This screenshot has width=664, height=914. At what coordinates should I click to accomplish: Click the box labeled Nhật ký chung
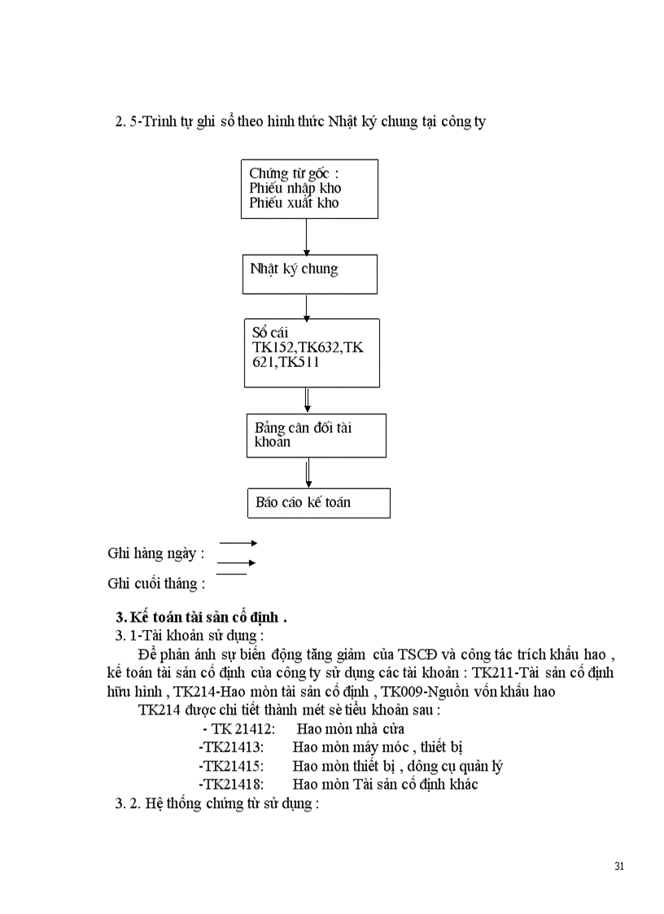pyautogui.click(x=309, y=273)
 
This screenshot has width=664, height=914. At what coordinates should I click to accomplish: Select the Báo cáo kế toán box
pyautogui.click(x=318, y=502)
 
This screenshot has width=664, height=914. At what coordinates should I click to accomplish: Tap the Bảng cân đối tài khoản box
pyautogui.click(x=316, y=435)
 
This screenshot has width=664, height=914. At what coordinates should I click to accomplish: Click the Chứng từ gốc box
pyautogui.click(x=309, y=189)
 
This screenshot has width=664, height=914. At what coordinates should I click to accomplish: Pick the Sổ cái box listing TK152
pyautogui.click(x=311, y=352)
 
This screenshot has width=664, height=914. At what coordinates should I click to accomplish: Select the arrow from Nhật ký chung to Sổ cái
pyautogui.click(x=306, y=305)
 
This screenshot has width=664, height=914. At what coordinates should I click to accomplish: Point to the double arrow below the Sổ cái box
pyautogui.click(x=308, y=400)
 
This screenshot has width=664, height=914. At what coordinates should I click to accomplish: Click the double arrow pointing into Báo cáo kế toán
pyautogui.click(x=308, y=472)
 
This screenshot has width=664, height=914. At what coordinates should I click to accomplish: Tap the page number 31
pyautogui.click(x=619, y=865)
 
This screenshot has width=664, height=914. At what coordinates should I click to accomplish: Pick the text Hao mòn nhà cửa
pyautogui.click(x=351, y=728)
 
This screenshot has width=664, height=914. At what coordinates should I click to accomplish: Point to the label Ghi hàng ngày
pyautogui.click(x=155, y=553)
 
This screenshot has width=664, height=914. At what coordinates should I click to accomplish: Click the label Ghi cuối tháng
pyautogui.click(x=156, y=584)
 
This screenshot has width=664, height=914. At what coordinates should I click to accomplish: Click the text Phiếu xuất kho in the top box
pyautogui.click(x=294, y=203)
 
